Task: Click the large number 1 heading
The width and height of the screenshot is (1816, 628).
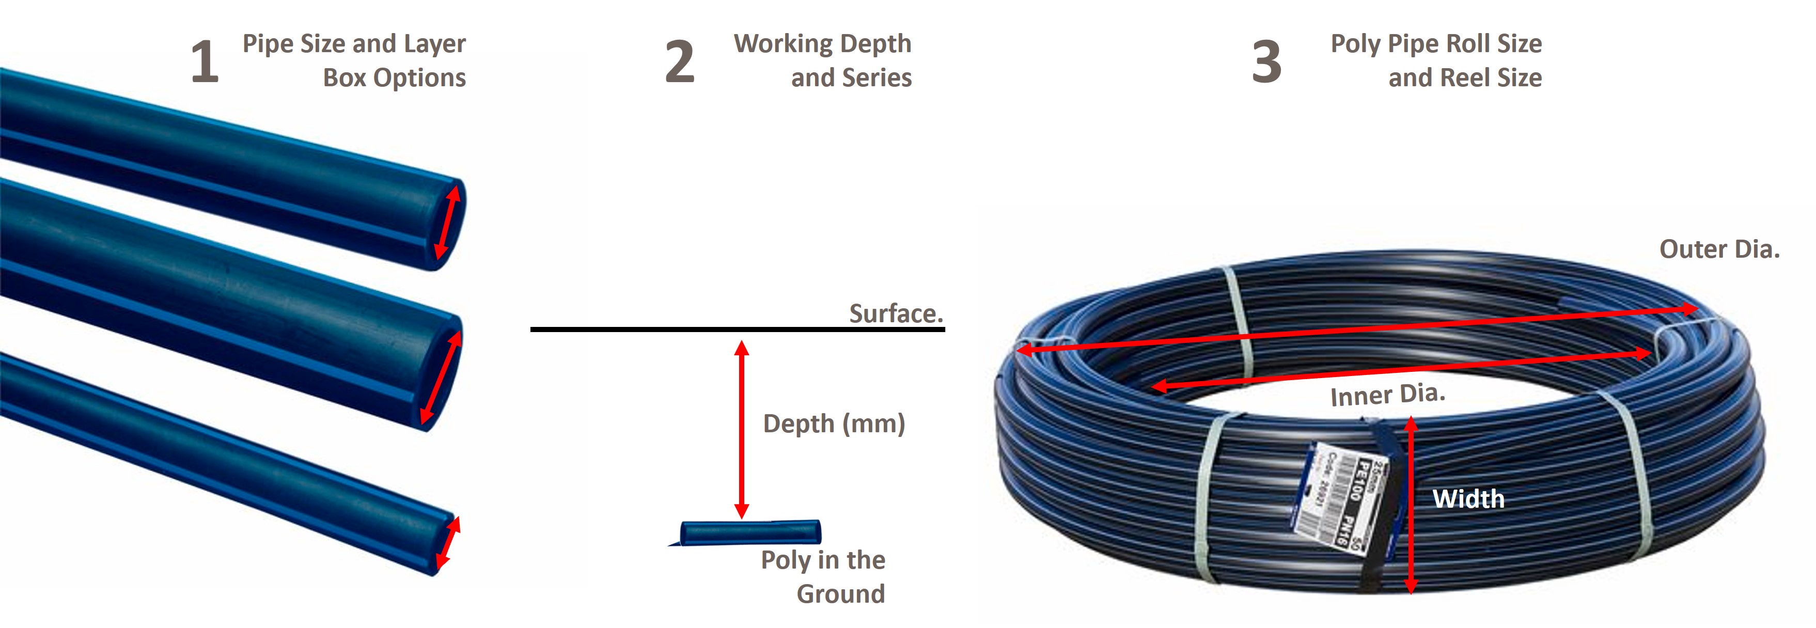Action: pyautogui.click(x=205, y=62)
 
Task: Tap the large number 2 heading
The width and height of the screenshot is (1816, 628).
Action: pyautogui.click(x=680, y=62)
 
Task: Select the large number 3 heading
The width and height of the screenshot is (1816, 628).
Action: pyautogui.click(x=1266, y=62)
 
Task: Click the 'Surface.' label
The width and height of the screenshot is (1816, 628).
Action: pyautogui.click(x=895, y=313)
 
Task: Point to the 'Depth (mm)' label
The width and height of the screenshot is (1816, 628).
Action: pyautogui.click(x=834, y=423)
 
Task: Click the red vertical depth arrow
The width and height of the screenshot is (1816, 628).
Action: pyautogui.click(x=741, y=430)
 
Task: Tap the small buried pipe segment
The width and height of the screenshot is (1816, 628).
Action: pyautogui.click(x=750, y=532)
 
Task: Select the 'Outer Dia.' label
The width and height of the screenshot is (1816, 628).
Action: pyautogui.click(x=1719, y=249)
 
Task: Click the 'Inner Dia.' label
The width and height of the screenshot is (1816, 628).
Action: pyautogui.click(x=1387, y=395)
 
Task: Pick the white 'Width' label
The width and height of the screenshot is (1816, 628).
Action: pyautogui.click(x=1468, y=499)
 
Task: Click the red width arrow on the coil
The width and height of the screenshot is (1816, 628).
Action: pyautogui.click(x=1411, y=505)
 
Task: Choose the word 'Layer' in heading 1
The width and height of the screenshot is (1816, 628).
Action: pyautogui.click(x=434, y=44)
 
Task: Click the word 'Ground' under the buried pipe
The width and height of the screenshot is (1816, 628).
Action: pyautogui.click(x=840, y=594)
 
